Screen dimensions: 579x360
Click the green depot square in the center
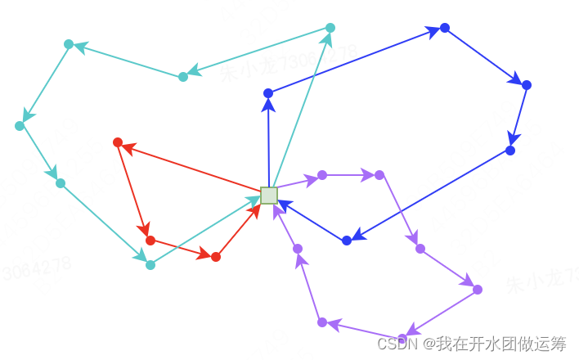click(x=269, y=195)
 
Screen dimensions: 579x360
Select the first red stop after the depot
click(x=118, y=142)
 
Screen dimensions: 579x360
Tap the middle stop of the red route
click(x=150, y=241)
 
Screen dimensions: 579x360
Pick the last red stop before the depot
click(x=216, y=257)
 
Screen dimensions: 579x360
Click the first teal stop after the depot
click(x=330, y=28)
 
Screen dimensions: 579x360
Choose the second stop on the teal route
click(x=183, y=77)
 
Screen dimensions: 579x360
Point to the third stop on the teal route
click(x=69, y=44)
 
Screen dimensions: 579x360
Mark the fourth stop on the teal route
click(x=20, y=126)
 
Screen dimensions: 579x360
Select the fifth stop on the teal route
click(x=61, y=183)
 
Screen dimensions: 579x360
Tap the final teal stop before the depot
click(x=150, y=265)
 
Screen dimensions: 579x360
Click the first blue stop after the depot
click(x=268, y=93)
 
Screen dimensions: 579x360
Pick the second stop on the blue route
click(x=445, y=28)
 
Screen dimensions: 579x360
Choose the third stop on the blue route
click(x=527, y=85)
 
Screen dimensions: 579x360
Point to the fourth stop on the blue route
click(x=510, y=151)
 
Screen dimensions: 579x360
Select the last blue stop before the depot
click(x=347, y=241)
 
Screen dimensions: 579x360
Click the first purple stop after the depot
click(x=322, y=175)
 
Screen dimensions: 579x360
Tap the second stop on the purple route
click(x=379, y=175)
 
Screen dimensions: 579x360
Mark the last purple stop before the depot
click(x=298, y=249)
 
